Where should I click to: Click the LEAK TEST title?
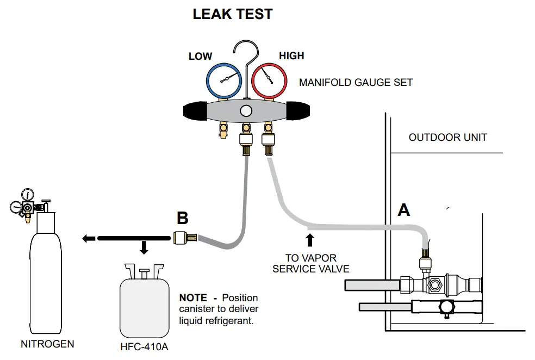coord(233,15)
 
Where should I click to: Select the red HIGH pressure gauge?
coord(269,81)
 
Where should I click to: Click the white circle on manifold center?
coord(246,111)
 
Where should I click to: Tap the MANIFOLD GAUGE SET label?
coord(356,83)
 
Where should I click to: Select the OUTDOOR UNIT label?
coord(447,137)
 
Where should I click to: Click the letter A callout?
coord(403,209)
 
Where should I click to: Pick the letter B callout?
coord(183,219)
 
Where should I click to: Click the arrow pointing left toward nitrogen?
coord(88,238)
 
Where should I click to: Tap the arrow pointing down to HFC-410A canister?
coord(144,248)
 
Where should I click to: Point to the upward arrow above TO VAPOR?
coord(310,240)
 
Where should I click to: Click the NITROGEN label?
coord(47,344)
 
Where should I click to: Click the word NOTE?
coord(193,298)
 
